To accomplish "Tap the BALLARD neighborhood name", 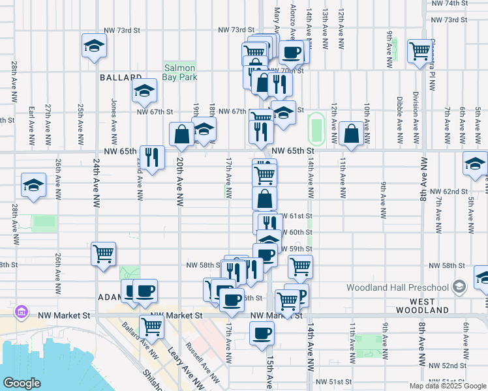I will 121,77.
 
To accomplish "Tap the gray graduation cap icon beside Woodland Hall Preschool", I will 459,287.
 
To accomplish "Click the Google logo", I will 22,383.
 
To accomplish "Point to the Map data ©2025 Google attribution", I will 448,386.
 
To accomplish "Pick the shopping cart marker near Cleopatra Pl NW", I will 419,51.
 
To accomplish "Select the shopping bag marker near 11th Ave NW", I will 351,134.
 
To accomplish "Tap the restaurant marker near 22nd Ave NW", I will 152,157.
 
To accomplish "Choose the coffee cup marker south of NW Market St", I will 262,333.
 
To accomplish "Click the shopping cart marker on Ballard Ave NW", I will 151,326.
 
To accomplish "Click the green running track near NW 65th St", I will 317,128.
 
